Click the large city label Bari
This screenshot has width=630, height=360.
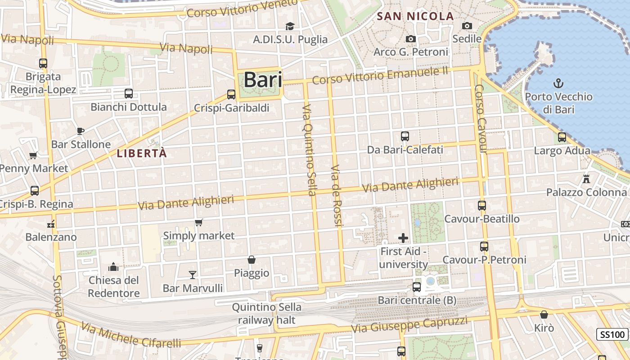point(263,80)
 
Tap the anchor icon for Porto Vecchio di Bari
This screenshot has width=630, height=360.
point(558,83)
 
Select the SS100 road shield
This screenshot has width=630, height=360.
point(612,334)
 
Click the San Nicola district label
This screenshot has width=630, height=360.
point(415,17)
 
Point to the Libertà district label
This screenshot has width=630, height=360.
point(142,153)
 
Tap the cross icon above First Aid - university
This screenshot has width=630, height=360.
point(403,238)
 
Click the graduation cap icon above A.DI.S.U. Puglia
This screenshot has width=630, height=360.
point(290,26)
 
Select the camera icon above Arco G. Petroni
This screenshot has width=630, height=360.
point(410,39)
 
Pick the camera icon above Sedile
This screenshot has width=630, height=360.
point(467,26)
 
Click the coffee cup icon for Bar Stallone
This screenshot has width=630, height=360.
point(81,131)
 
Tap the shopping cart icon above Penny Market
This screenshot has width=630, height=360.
point(33,156)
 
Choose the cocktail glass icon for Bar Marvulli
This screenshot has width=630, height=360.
point(193,274)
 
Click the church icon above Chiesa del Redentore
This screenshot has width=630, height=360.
point(113,267)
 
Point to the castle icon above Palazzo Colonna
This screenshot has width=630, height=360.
point(586,179)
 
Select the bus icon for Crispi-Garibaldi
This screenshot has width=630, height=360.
point(231,94)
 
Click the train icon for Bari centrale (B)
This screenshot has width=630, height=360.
point(417,287)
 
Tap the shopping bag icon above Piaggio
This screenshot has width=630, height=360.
point(252,260)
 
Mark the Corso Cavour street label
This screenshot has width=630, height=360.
point(481,119)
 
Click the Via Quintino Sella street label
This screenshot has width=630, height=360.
point(309,150)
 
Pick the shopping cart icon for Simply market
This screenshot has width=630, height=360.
point(198,222)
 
